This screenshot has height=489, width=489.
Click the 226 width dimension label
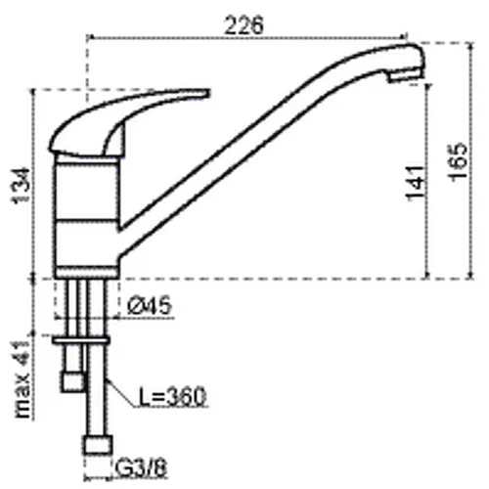click(x=244, y=25)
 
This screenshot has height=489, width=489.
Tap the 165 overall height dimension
click(x=457, y=161)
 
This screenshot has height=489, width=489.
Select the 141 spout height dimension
click(x=416, y=184)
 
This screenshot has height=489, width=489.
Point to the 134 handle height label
click(x=22, y=186)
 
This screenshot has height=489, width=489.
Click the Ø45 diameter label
click(x=150, y=306)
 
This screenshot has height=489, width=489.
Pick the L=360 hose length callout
click(x=173, y=396)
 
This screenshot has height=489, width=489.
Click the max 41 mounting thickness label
click(x=22, y=379)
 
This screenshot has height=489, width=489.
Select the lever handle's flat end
click(x=207, y=93)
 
